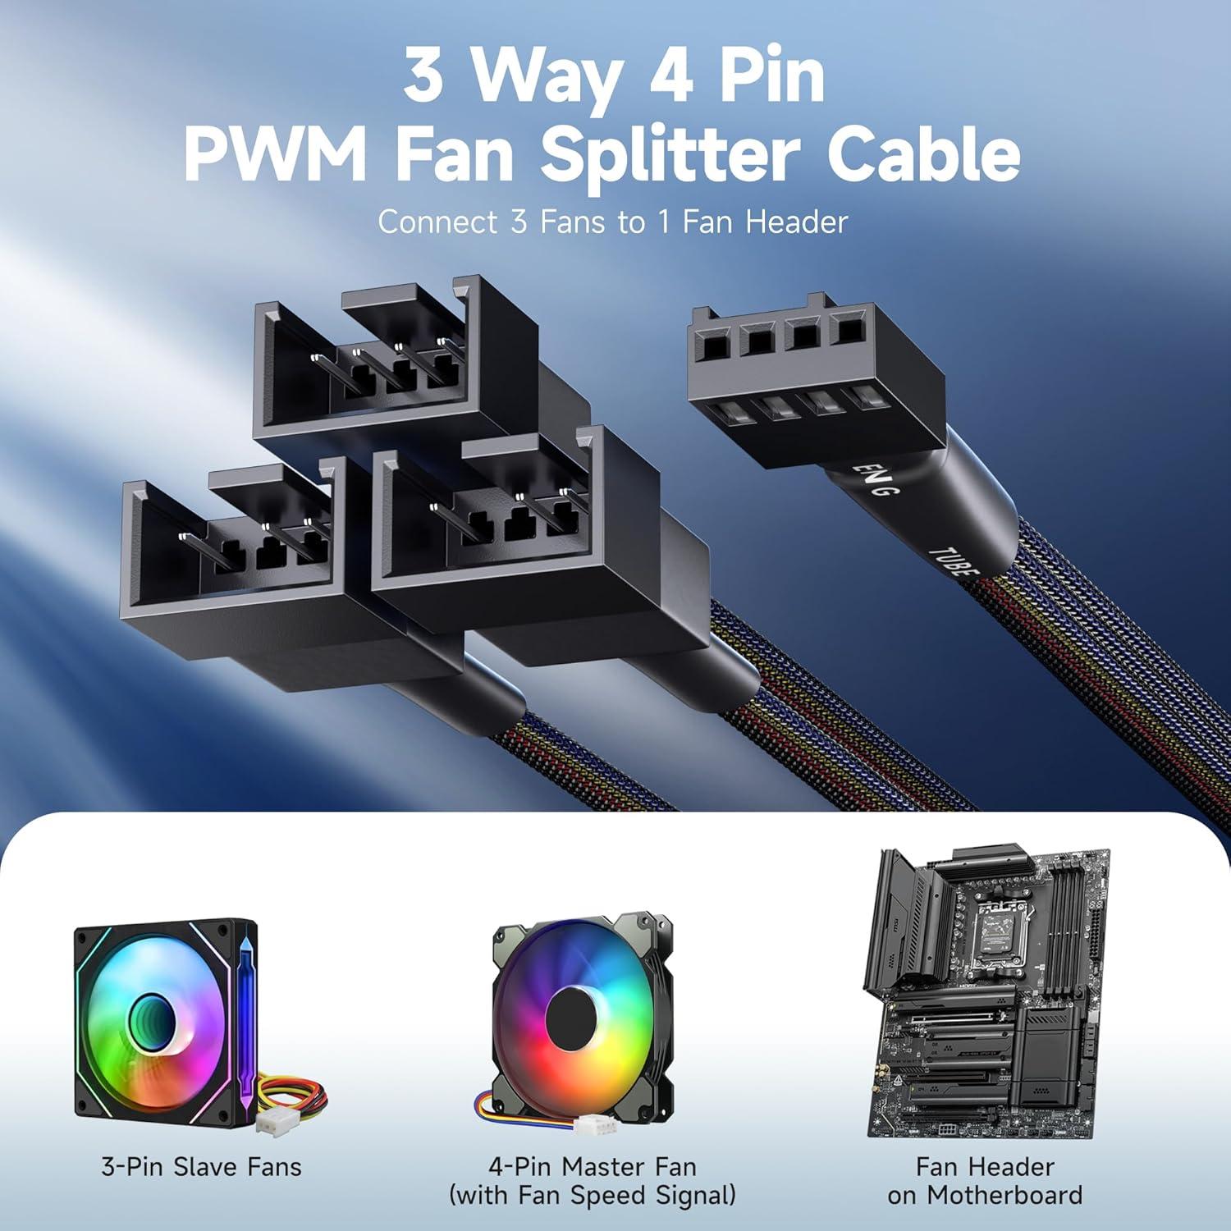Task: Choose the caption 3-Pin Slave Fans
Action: pyautogui.click(x=201, y=1167)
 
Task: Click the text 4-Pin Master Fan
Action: pyautogui.click(x=592, y=1167)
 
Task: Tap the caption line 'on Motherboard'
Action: pyautogui.click(x=985, y=1196)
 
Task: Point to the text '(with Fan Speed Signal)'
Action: pyautogui.click(x=592, y=1196)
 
